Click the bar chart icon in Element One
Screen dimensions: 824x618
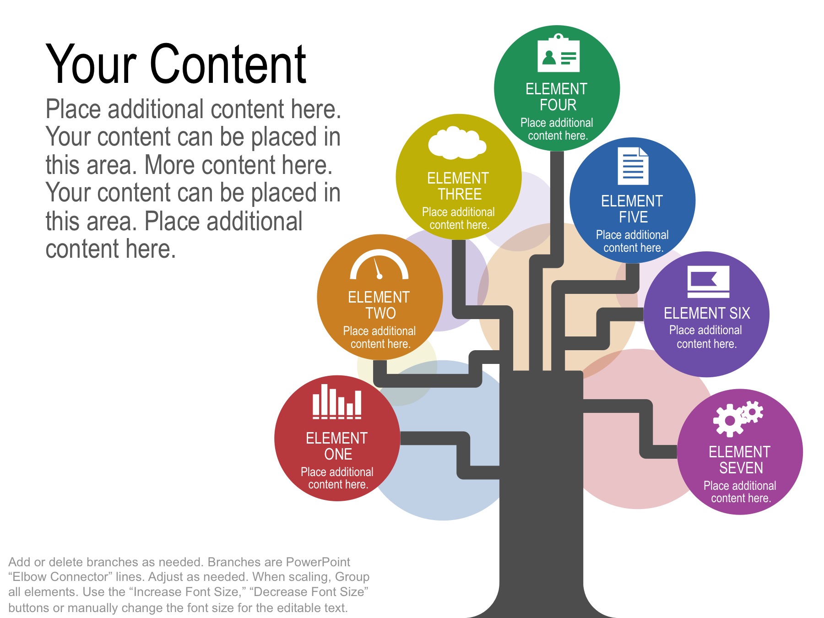click(x=337, y=401)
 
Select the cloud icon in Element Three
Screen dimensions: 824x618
click(x=457, y=142)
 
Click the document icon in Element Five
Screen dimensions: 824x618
click(x=633, y=166)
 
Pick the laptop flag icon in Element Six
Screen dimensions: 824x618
click(x=708, y=282)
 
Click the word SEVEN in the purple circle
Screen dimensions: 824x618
click(x=741, y=468)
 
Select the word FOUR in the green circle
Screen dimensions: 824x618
click(x=558, y=105)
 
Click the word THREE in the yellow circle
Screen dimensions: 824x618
click(x=460, y=194)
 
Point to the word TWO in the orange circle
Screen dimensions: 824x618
click(x=380, y=313)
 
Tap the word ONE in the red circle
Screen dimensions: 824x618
click(x=338, y=454)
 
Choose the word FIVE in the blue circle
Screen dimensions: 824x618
click(x=634, y=217)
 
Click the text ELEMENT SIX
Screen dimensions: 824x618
click(x=707, y=313)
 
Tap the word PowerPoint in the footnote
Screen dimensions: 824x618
click(x=318, y=562)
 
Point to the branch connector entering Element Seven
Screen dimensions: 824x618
click(x=646, y=428)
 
